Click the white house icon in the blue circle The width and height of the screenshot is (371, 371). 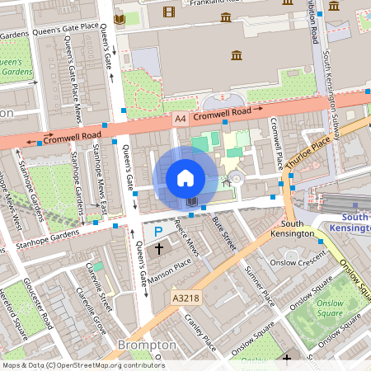coord(185,177)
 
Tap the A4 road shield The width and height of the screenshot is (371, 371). coord(181,119)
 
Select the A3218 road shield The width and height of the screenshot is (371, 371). coord(185,296)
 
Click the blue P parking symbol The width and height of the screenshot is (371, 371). coord(158,232)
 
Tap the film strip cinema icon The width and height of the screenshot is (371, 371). coord(169,12)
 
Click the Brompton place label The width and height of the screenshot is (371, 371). coord(148,345)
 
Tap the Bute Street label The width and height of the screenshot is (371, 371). coord(223,232)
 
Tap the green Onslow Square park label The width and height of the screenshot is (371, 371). coord(330,308)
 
